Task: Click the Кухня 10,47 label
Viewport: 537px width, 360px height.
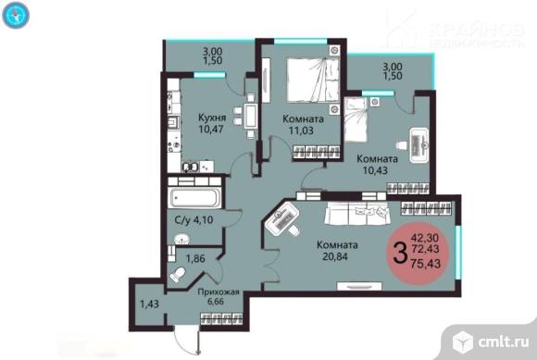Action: pos(212,123)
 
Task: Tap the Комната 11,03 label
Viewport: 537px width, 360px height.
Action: pos(303,125)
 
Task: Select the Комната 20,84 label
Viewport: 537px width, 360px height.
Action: pos(337,251)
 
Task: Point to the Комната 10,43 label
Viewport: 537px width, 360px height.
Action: pos(377,164)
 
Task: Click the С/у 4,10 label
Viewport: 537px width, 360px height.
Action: pos(194,219)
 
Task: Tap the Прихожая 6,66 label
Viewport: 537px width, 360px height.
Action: pos(219,296)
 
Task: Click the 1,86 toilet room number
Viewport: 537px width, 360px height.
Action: pos(195,258)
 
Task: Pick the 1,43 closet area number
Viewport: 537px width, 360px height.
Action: pos(149,304)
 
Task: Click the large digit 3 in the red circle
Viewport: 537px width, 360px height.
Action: pos(400,253)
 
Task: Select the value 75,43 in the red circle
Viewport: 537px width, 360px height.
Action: pos(426,264)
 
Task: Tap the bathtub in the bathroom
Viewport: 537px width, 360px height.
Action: pos(194,197)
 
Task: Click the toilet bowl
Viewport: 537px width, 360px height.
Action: pos(178,275)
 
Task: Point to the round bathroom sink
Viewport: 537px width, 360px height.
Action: pos(181,239)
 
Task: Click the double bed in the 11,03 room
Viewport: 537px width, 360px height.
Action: pos(313,81)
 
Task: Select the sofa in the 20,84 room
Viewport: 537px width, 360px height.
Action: pos(356,213)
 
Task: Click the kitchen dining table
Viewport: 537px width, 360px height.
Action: pos(252,116)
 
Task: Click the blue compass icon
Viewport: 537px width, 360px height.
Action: pos(16,15)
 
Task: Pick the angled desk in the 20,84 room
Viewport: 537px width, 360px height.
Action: pos(282,219)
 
